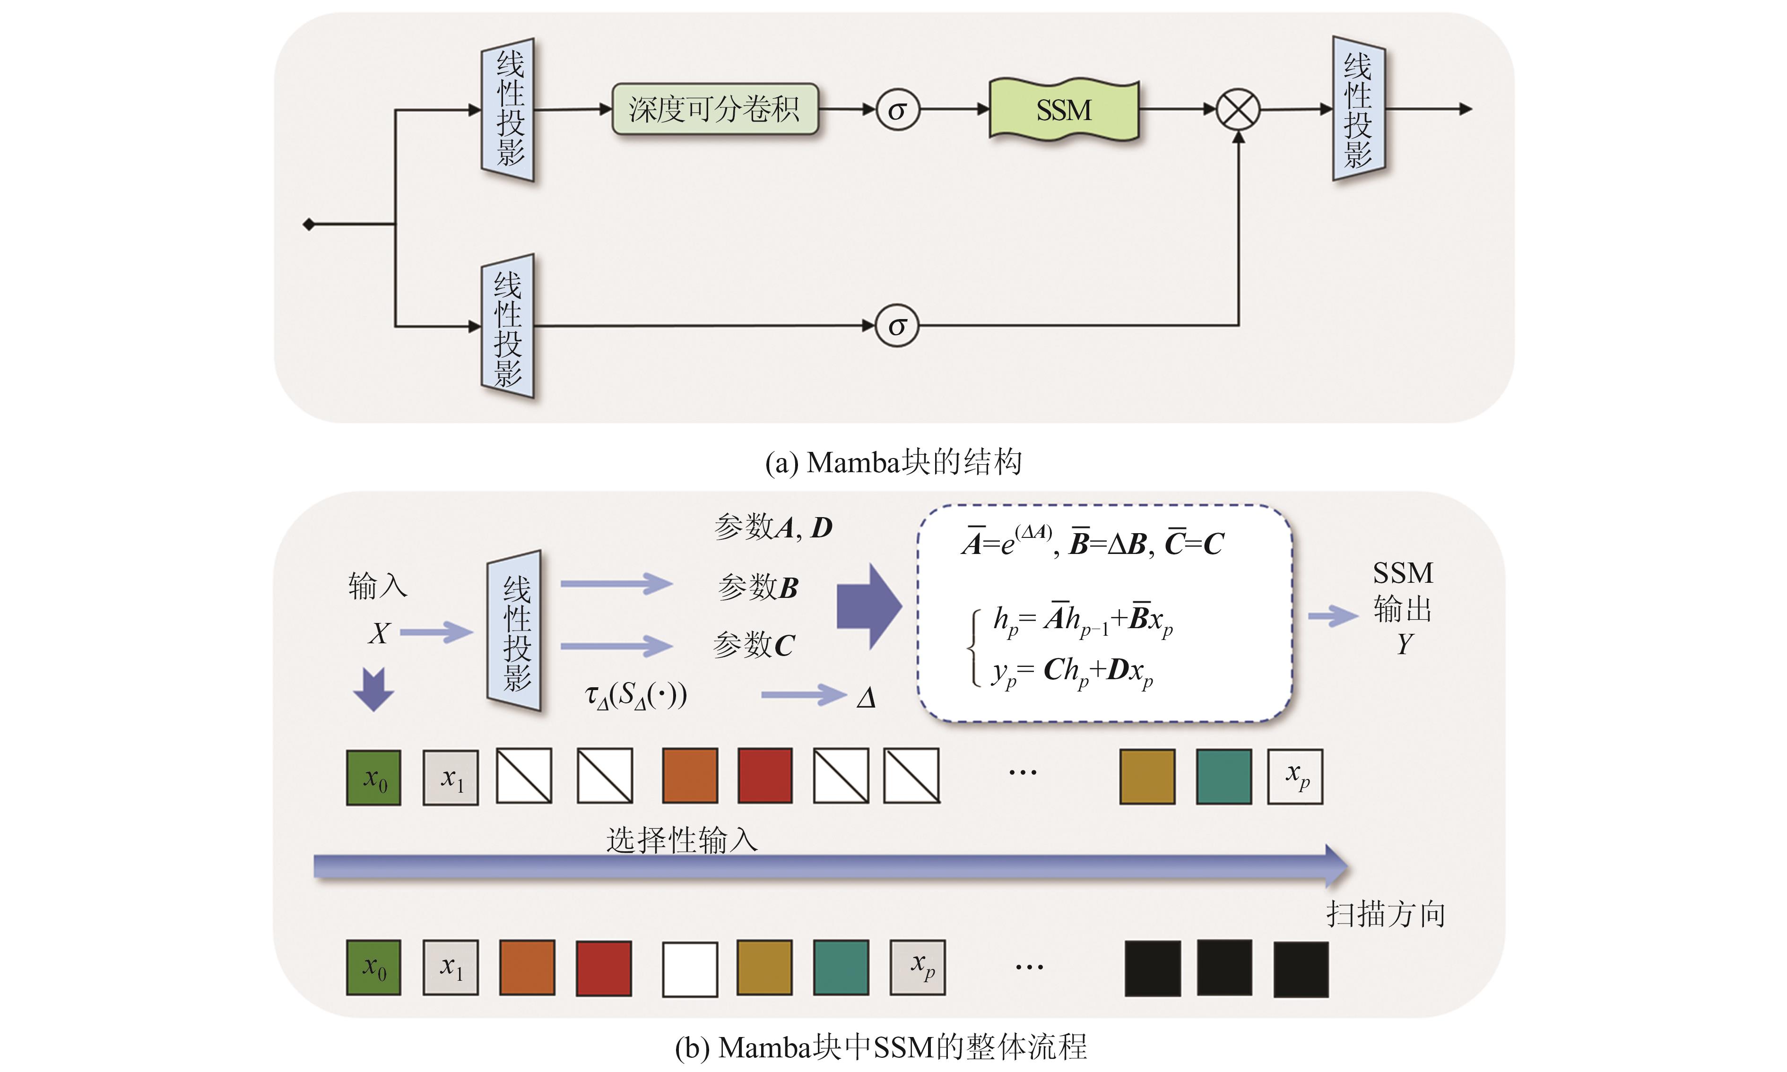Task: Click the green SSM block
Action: pos(1063,110)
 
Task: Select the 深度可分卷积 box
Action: pos(714,109)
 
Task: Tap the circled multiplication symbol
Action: pos(1238,110)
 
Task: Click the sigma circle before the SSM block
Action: pos(897,110)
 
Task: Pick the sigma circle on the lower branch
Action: pos(897,326)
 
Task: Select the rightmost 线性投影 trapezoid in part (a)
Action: pos(1358,109)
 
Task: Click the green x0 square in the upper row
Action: pos(373,777)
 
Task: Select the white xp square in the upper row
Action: pos(1295,777)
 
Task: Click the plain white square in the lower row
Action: pos(690,968)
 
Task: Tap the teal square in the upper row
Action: pos(1223,777)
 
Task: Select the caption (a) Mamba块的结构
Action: pos(893,462)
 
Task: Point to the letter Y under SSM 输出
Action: pos(1404,644)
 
